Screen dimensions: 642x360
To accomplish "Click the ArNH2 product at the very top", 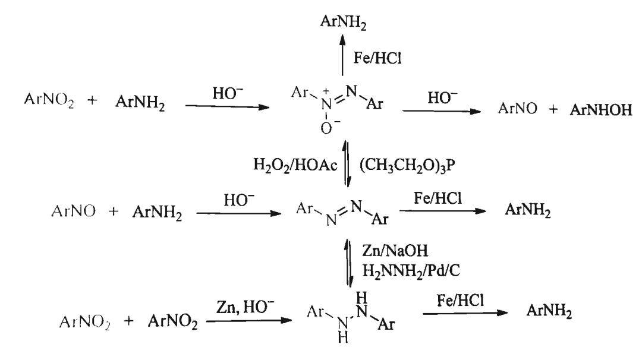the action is click(343, 22).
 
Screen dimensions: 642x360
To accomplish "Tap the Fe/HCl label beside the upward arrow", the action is click(377, 58).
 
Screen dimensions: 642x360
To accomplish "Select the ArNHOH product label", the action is click(601, 110).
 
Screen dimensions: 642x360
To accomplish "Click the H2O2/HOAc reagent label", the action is click(295, 165).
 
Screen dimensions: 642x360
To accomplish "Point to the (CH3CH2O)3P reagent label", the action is click(407, 165).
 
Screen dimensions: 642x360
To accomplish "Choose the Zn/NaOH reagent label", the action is click(395, 250).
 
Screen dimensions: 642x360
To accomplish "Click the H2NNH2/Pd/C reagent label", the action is click(411, 270).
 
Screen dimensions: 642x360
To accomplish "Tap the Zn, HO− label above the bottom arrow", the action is click(245, 306).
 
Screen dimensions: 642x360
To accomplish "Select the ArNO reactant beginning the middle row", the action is click(73, 211).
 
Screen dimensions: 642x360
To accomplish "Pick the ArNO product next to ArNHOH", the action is click(518, 108).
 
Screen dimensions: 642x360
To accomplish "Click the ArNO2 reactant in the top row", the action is click(49, 100).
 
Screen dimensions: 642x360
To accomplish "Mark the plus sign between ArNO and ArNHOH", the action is click(553, 109).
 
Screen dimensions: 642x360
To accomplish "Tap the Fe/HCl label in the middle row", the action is click(438, 198).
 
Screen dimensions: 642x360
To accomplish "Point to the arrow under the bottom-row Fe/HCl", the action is click(465, 313).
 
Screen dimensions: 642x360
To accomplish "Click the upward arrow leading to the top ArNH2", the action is click(343, 55).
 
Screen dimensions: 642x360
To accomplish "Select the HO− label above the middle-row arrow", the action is click(239, 200).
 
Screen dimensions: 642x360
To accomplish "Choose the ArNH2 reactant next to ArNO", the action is click(157, 212).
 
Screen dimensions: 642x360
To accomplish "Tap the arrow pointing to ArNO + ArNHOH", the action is click(442, 111).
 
